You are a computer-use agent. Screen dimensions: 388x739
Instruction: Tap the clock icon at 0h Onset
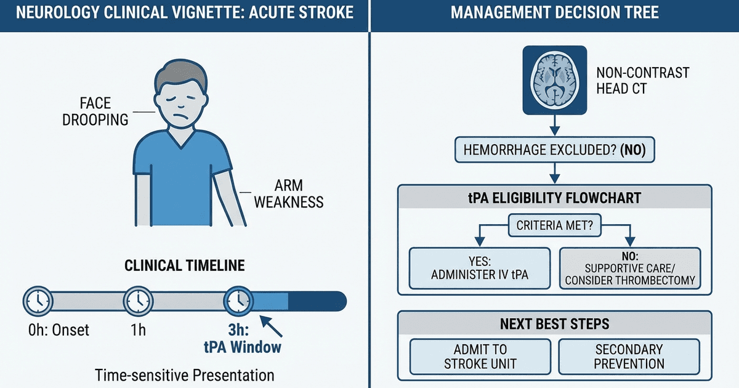click(x=37, y=300)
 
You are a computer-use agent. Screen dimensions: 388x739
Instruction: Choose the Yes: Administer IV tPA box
click(x=479, y=268)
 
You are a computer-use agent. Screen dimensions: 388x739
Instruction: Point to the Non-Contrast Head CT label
click(x=642, y=81)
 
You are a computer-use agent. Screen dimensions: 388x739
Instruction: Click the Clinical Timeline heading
click(x=184, y=266)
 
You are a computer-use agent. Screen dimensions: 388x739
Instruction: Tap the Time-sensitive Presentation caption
click(x=184, y=375)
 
